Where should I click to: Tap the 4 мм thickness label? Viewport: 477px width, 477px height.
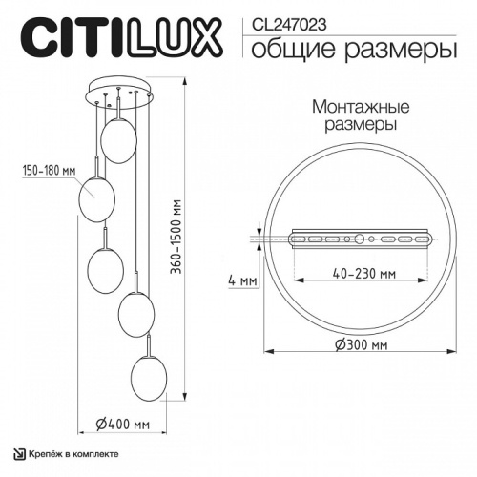(244, 281)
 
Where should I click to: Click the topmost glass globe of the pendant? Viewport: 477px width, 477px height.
(119, 141)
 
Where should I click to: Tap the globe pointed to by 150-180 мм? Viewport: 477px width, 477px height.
(97, 197)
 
